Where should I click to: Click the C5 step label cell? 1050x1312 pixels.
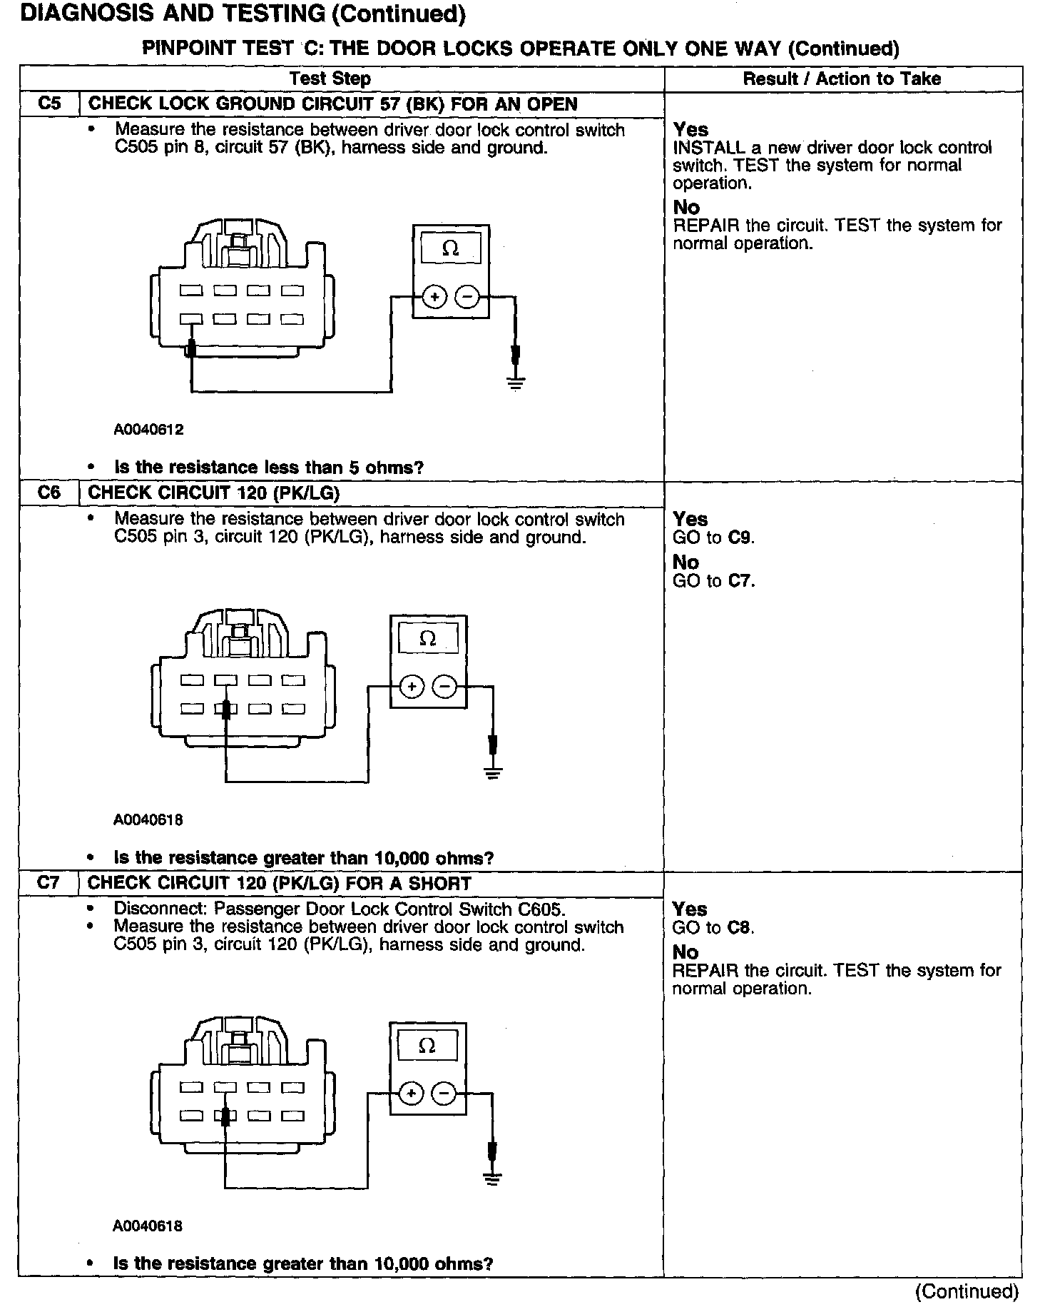tap(49, 104)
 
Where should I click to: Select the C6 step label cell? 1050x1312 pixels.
tap(49, 493)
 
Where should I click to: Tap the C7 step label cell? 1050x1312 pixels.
tap(49, 883)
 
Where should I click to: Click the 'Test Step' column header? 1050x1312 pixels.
tap(330, 79)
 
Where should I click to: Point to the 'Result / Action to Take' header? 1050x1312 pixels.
tap(842, 79)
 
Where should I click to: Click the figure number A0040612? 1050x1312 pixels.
tap(148, 430)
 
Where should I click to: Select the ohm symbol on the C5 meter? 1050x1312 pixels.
tap(450, 248)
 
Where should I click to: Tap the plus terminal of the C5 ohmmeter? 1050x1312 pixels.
tap(434, 296)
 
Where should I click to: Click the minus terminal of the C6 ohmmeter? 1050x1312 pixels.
tap(445, 687)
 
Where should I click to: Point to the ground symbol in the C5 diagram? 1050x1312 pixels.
tap(516, 383)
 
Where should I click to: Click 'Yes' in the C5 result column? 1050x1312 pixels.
tap(690, 130)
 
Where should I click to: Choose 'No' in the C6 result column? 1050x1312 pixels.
tap(685, 562)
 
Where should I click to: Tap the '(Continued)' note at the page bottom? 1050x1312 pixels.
tap(967, 1291)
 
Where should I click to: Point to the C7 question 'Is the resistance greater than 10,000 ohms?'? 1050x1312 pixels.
tap(303, 1263)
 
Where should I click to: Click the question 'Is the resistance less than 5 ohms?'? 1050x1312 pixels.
tap(269, 468)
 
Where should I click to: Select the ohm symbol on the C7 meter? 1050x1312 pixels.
tap(427, 1046)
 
